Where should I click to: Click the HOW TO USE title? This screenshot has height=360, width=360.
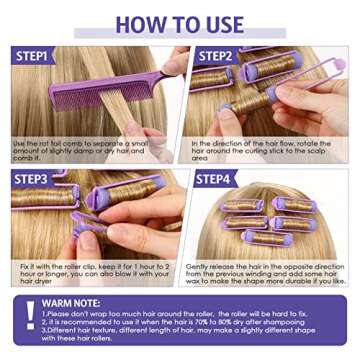pyautogui.click(x=180, y=22)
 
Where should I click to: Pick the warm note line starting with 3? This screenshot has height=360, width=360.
pyautogui.click(x=180, y=334)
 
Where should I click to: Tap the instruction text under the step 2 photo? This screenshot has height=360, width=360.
pyautogui.click(x=265, y=149)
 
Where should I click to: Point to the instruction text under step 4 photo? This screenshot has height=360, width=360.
pyautogui.click(x=265, y=271)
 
